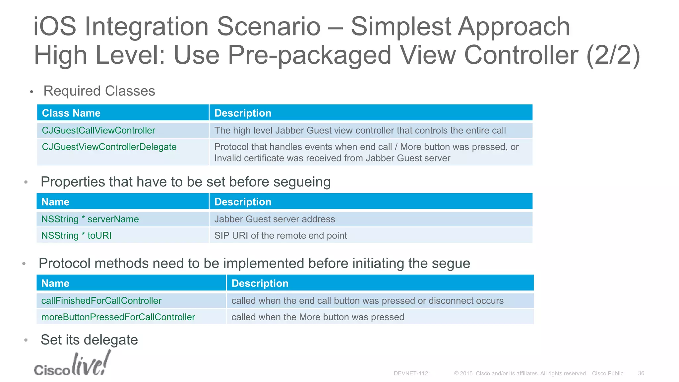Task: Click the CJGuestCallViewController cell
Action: (x=98, y=130)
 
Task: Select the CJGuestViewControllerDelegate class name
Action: (x=109, y=147)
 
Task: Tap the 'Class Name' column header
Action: (x=71, y=113)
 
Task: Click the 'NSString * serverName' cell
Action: (x=90, y=219)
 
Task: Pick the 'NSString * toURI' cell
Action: (x=76, y=235)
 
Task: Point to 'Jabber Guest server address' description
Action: (x=275, y=219)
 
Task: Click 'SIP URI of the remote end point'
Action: (x=280, y=235)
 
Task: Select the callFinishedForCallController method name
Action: (x=101, y=301)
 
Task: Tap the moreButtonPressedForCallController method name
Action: (x=118, y=317)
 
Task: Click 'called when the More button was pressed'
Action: (x=318, y=317)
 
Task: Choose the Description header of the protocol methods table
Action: (x=260, y=283)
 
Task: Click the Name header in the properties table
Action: (x=55, y=202)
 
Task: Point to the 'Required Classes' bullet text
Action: (x=99, y=91)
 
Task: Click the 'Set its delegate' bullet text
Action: (x=89, y=340)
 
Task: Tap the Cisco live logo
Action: (x=72, y=365)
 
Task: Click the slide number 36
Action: (x=641, y=373)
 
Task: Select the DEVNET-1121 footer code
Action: (x=412, y=373)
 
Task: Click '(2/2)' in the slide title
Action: (x=613, y=55)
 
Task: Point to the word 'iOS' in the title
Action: (x=55, y=27)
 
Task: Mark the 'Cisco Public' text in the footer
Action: (x=607, y=373)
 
